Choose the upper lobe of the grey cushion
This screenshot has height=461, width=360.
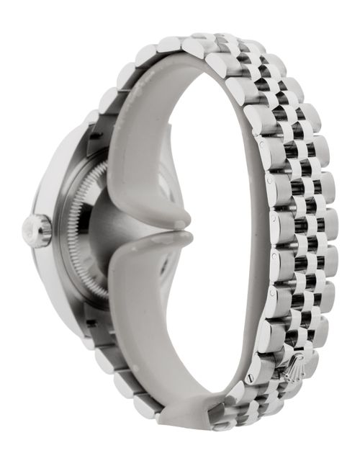click(144, 173)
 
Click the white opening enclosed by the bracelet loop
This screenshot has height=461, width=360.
click(216, 230)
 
